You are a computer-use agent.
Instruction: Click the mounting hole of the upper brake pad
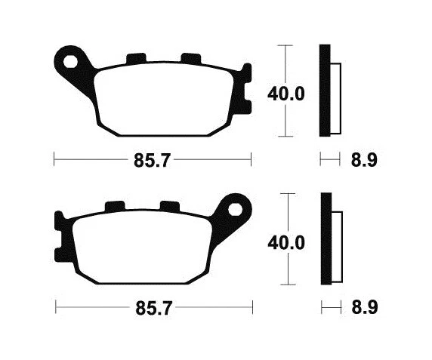pyautogui.click(x=73, y=59)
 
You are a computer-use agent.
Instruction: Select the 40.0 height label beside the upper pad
pyautogui.click(x=285, y=94)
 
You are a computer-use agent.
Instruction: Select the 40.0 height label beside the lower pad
pyautogui.click(x=285, y=243)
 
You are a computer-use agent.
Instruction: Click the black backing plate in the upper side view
pyautogui.click(x=325, y=91)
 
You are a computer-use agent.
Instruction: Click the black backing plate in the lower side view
pyautogui.click(x=326, y=239)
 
